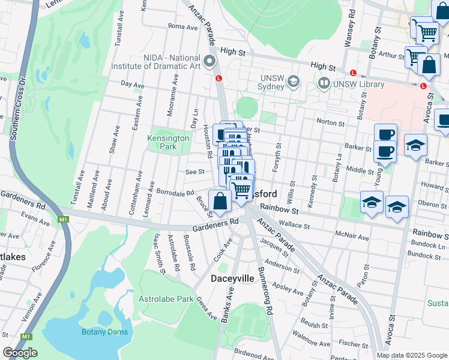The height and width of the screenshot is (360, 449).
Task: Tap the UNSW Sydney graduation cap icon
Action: point(294,81)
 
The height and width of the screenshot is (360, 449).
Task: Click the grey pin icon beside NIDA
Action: point(209,61)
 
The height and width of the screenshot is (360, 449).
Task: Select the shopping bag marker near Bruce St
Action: point(220,201)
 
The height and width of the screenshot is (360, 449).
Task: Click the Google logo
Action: point(20,352)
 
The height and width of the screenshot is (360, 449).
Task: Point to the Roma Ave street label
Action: point(179,26)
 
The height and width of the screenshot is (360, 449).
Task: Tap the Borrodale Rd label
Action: point(175,193)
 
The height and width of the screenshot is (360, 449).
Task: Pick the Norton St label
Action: point(330,122)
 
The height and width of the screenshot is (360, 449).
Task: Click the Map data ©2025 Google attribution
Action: point(412,355)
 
